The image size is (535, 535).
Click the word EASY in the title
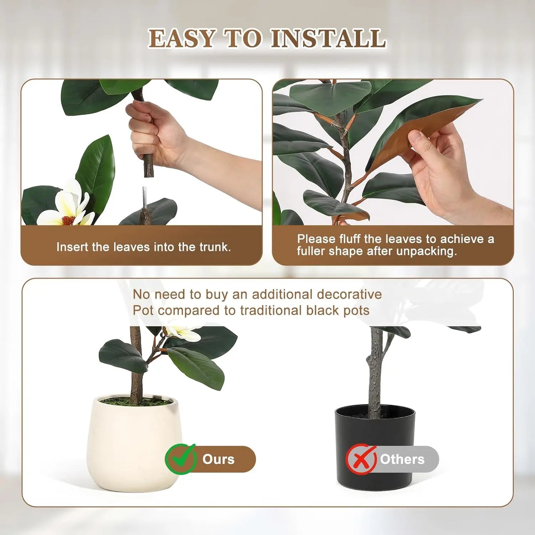pyautogui.click(x=182, y=39)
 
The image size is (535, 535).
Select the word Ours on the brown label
pyautogui.click(x=218, y=459)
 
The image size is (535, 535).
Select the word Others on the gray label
pyautogui.click(x=402, y=459)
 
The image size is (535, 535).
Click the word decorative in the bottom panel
pyautogui.click(x=349, y=294)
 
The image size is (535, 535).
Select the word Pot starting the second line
pyautogui.click(x=143, y=310)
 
